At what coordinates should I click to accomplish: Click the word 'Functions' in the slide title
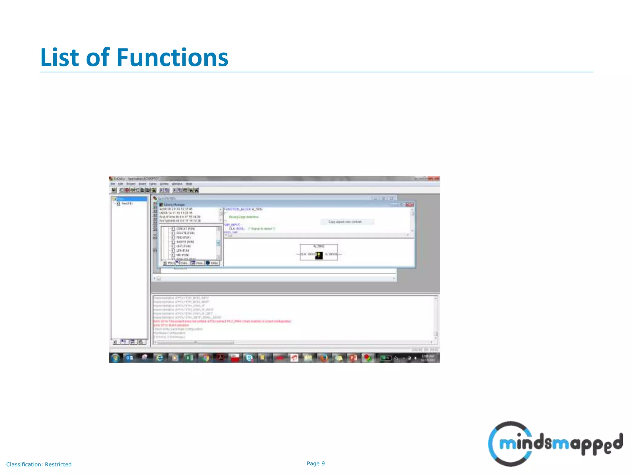(x=173, y=58)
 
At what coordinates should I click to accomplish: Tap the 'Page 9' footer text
(x=315, y=464)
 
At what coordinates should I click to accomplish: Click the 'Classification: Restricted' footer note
(x=39, y=464)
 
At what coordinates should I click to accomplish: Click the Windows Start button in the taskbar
(x=115, y=358)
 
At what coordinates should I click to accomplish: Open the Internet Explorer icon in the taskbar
(x=159, y=358)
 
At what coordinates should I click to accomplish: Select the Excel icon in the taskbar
(x=189, y=358)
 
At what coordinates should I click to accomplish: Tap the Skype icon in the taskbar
(x=249, y=358)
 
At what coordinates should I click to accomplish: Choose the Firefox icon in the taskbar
(x=324, y=358)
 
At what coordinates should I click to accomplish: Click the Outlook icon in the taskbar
(x=130, y=358)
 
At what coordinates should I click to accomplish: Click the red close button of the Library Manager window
(x=409, y=205)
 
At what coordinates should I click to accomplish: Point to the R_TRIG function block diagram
(x=319, y=252)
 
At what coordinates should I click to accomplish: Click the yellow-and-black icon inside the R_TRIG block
(x=319, y=255)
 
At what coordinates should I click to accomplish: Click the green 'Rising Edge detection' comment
(x=244, y=217)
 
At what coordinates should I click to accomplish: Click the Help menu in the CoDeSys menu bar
(x=189, y=184)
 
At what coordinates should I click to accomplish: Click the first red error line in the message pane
(x=222, y=321)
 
